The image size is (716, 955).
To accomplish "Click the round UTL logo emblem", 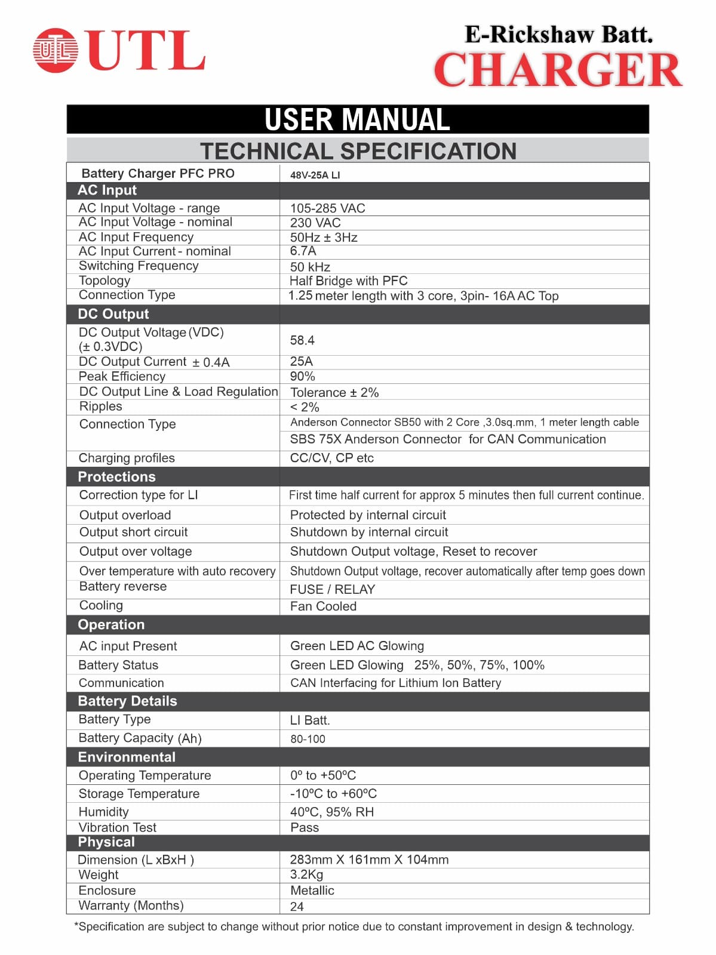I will [55, 50].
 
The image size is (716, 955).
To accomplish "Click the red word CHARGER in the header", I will [558, 70].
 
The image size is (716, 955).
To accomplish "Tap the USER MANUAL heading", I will [357, 119].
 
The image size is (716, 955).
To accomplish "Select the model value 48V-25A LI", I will [315, 175].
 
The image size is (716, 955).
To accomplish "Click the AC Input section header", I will [107, 190].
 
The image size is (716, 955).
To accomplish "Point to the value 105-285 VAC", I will [327, 208].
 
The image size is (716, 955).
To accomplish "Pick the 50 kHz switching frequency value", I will [310, 267].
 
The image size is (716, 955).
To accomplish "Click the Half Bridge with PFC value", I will [348, 281].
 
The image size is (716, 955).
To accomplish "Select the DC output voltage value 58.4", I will [302, 340].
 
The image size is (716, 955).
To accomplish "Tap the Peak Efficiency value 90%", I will [302, 377].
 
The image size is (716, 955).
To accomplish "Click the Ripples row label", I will [100, 406].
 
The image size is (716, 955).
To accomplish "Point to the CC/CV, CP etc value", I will [331, 458].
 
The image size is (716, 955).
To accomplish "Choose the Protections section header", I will [116, 477].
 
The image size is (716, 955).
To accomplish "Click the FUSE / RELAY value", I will [332, 589].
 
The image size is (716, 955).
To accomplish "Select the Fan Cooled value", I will [323, 606].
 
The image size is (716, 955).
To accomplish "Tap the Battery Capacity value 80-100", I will [308, 739].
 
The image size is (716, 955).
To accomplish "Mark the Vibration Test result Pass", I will [305, 827].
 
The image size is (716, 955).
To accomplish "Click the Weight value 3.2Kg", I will [306, 874].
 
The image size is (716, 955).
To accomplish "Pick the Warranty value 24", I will [297, 907].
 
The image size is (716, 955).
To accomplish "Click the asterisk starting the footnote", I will [76, 926].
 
